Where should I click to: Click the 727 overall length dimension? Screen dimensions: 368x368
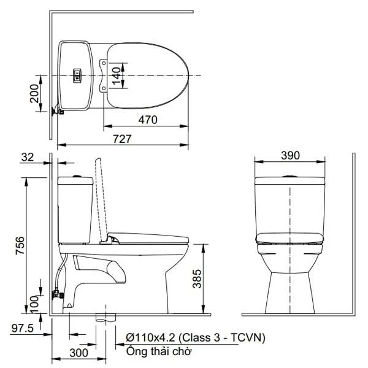coord(122,139)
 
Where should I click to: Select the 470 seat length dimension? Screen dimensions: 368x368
coord(148,120)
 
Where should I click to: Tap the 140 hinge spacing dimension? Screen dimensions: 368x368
coord(117,76)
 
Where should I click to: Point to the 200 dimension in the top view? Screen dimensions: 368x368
coord(34,93)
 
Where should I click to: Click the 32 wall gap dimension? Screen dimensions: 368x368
coord(28,157)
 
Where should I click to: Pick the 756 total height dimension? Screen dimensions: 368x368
coord(20,245)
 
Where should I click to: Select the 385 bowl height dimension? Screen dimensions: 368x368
coord(197,278)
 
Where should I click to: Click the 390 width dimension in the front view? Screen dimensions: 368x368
coord(290,155)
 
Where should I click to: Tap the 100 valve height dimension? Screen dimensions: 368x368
coord(34,304)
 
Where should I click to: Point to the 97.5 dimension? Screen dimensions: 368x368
coord(23,328)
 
